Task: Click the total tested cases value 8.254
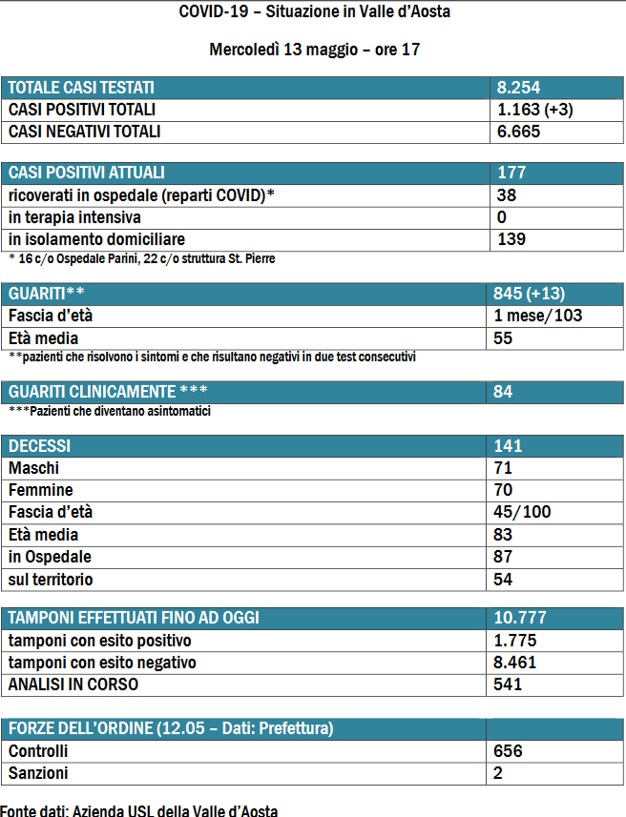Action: click(519, 88)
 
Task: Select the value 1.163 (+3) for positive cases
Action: click(534, 110)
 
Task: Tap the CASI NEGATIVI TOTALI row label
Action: click(84, 132)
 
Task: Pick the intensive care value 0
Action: click(502, 217)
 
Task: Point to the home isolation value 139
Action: click(511, 239)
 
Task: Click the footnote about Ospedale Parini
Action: click(142, 257)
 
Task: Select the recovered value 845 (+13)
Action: click(537, 294)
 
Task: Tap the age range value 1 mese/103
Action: click(539, 316)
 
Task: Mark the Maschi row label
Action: click(33, 468)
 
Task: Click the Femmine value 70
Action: click(504, 490)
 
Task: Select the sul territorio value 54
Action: click(504, 579)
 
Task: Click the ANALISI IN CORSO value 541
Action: click(509, 684)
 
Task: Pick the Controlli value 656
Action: click(509, 751)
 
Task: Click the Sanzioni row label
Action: click(38, 773)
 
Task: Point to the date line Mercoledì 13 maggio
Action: click(314, 50)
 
